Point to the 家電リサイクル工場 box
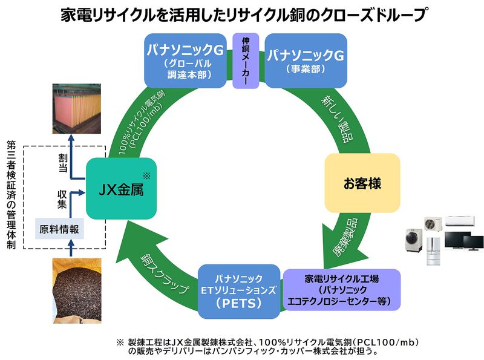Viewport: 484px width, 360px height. click(x=341, y=289)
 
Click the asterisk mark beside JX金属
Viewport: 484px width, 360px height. click(x=146, y=176)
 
